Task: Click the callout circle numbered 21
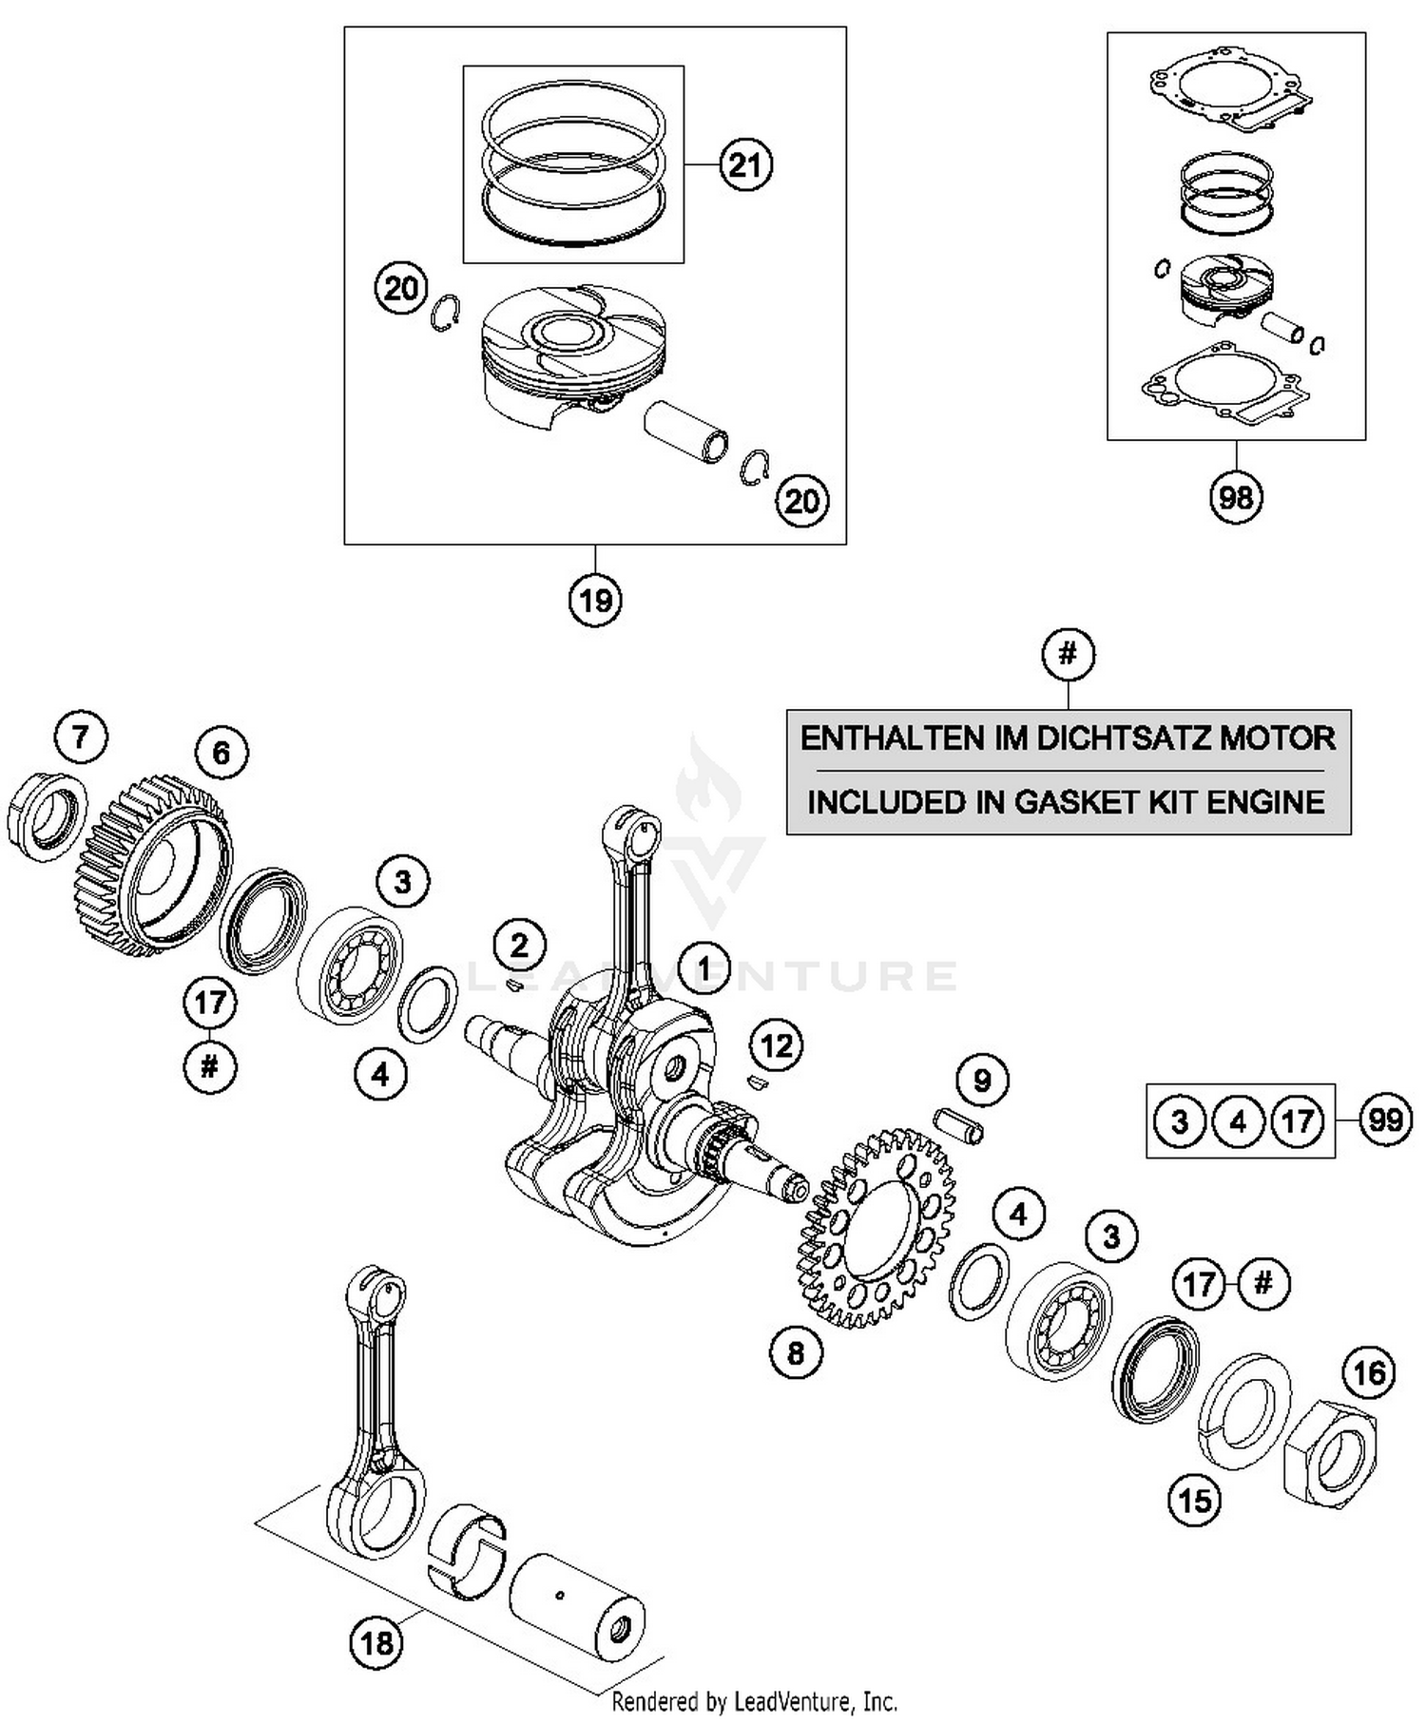(745, 164)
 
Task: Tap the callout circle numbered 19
(596, 600)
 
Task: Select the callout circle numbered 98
(1236, 496)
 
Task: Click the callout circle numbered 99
(1385, 1120)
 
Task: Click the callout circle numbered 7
(81, 737)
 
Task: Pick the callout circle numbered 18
(376, 1641)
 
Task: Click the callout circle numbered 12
(777, 1046)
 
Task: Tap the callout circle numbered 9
(982, 1080)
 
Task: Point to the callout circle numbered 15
(1195, 1501)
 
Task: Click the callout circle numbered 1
(703, 967)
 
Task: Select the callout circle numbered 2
(519, 945)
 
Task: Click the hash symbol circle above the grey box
(1068, 654)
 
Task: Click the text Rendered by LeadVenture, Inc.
(754, 1701)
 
